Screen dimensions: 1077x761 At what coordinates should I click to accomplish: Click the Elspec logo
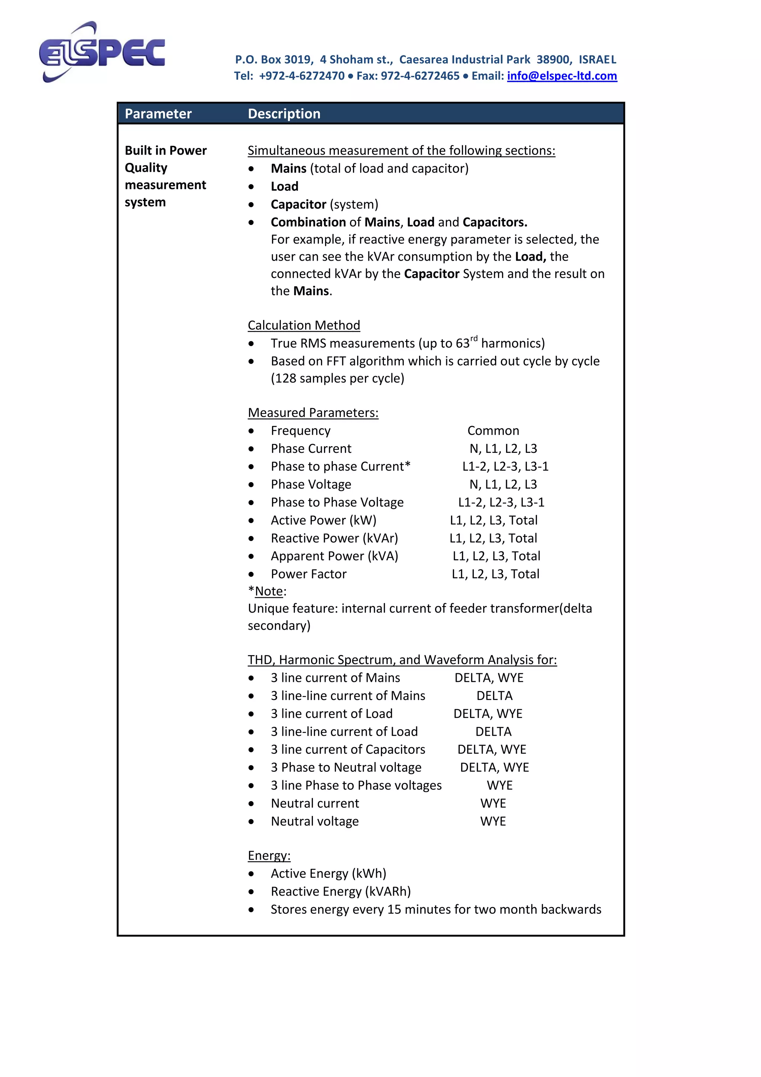click(102, 52)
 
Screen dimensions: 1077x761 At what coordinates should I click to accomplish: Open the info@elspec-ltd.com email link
click(562, 76)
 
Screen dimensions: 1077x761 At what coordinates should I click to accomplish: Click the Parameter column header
click(158, 114)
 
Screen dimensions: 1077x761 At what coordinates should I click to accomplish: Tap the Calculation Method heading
click(304, 326)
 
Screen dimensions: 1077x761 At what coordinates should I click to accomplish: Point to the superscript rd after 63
click(474, 339)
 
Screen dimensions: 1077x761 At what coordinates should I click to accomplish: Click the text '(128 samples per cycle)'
click(337, 378)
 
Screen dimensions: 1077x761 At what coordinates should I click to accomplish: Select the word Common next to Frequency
click(493, 431)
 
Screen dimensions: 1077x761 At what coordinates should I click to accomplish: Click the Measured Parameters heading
click(313, 413)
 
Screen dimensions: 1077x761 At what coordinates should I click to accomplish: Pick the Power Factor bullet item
click(308, 574)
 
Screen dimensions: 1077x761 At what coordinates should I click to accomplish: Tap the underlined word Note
click(269, 591)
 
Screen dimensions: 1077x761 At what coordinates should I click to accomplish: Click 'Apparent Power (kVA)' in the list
click(334, 556)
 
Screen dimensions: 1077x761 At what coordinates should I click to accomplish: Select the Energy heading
click(269, 855)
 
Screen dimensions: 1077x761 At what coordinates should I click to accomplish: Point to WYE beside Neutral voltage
click(493, 821)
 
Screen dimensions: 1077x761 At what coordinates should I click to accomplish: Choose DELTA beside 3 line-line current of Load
click(493, 732)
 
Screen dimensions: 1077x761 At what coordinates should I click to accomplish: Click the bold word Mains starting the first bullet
click(288, 168)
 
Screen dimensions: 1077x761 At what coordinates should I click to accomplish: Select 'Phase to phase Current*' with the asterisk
click(340, 467)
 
